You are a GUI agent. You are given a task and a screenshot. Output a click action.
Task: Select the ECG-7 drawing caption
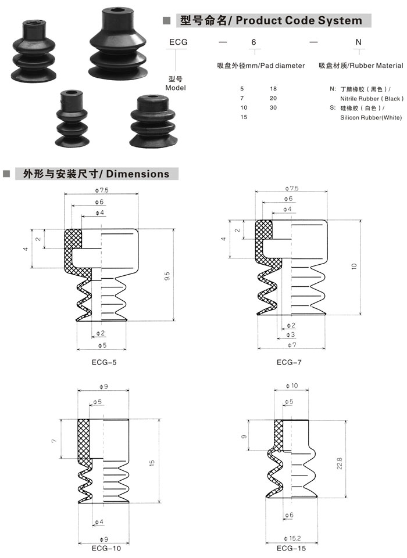coord(289,362)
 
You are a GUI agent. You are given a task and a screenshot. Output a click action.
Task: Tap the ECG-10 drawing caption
coord(106,548)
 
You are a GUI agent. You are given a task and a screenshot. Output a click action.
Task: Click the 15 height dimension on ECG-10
coord(152,463)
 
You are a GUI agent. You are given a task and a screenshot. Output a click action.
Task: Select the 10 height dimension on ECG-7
coord(354,266)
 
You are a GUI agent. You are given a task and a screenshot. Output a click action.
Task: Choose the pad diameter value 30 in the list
coord(273,107)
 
